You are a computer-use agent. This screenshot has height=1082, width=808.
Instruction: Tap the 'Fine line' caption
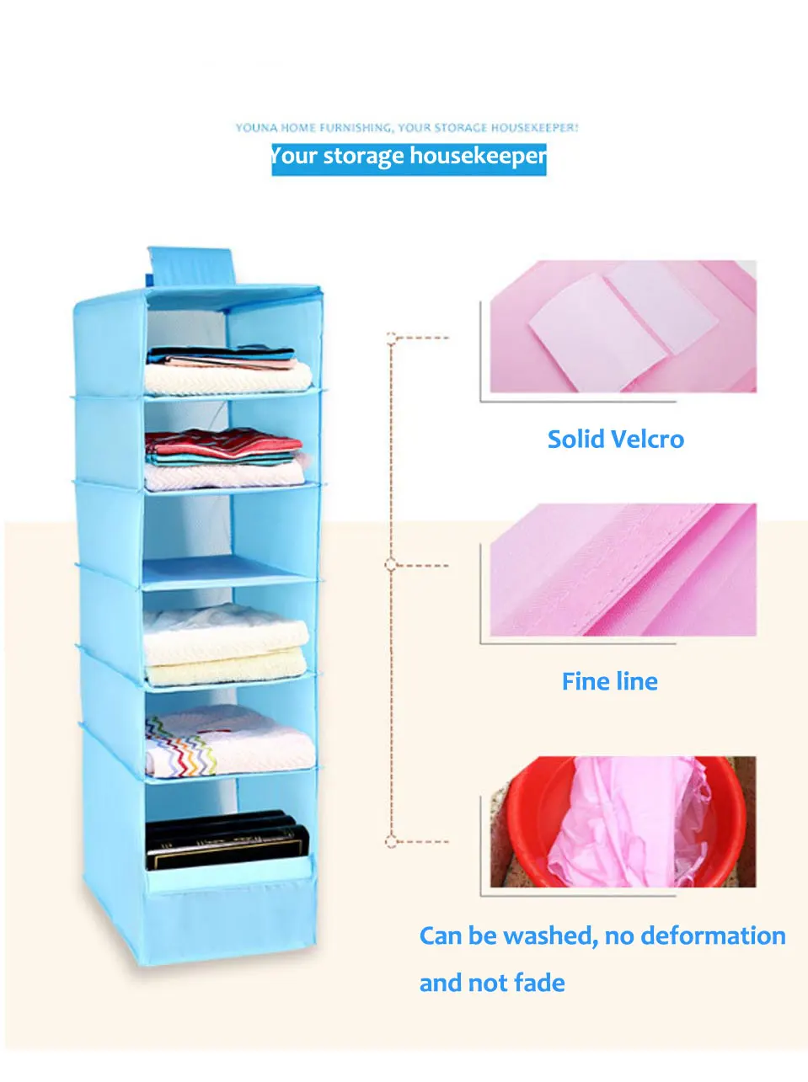click(609, 681)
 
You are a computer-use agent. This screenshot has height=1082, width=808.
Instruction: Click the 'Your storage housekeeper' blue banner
click(409, 157)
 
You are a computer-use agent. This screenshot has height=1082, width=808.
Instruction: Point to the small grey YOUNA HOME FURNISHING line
click(407, 128)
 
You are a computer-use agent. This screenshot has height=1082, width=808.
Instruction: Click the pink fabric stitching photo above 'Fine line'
click(623, 570)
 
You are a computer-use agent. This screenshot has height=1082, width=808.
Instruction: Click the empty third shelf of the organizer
click(227, 539)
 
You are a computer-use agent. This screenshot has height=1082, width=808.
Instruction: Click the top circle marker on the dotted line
click(391, 338)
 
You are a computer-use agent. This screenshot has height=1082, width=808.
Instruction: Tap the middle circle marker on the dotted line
click(390, 564)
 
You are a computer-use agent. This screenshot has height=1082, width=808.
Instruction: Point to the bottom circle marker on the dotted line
click(390, 840)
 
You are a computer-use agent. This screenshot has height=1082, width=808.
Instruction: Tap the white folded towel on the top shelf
click(227, 377)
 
